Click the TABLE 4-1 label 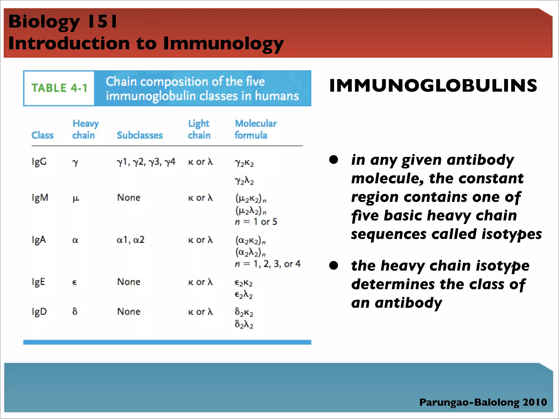click(59, 88)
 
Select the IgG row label click(39, 162)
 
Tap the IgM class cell click(40, 197)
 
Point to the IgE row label click(38, 282)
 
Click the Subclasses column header click(140, 135)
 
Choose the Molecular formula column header click(255, 129)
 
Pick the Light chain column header click(199, 129)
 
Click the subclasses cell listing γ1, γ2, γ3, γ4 click(146, 162)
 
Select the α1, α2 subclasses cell click(130, 240)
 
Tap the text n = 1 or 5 click(256, 222)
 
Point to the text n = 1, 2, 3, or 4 click(267, 264)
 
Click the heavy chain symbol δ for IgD click(75, 311)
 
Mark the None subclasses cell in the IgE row click(129, 282)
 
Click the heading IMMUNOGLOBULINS click(433, 86)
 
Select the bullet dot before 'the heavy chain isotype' click(334, 265)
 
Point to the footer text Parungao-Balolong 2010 click(483, 402)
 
